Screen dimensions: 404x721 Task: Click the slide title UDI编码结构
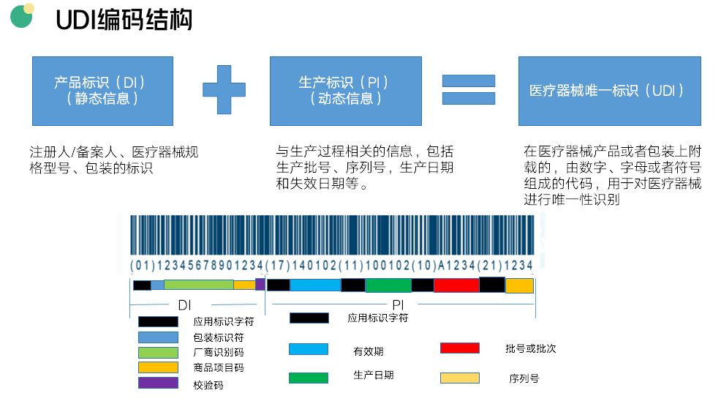(124, 20)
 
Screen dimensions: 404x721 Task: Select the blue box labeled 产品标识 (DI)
(102, 90)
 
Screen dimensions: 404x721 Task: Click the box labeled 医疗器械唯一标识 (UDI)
(609, 91)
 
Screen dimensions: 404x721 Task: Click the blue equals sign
(469, 89)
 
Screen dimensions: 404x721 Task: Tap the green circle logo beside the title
(22, 15)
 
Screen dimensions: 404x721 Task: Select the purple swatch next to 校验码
(158, 383)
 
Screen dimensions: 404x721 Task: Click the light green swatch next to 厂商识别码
(158, 352)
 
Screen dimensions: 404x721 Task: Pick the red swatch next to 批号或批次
(460, 348)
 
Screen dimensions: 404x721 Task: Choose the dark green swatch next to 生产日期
(309, 378)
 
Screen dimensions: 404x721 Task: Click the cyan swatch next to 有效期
(309, 349)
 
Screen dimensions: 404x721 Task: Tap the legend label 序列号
(524, 379)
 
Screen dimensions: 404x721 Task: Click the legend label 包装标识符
(218, 337)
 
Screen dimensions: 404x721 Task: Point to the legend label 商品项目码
(218, 367)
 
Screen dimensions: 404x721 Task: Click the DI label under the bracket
(184, 304)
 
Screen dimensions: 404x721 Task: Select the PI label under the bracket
(399, 304)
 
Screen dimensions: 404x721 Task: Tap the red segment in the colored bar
(456, 285)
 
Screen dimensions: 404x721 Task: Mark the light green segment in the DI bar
(198, 285)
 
